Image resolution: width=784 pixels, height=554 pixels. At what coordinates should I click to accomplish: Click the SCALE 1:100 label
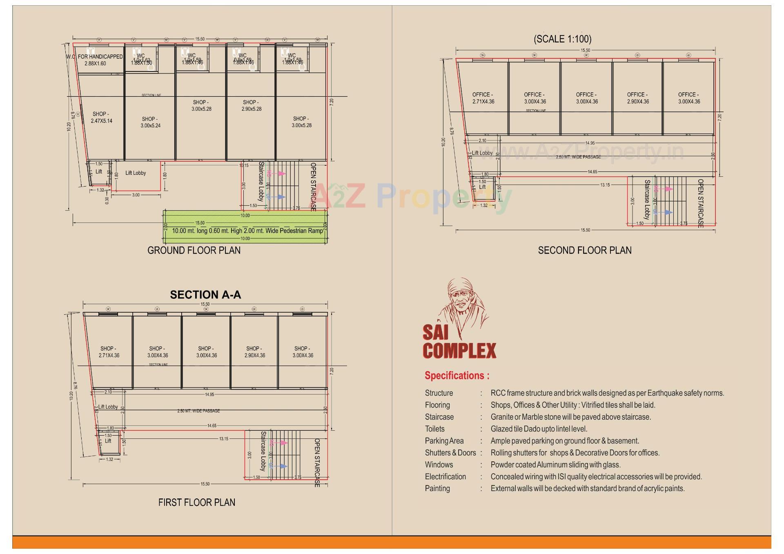(562, 39)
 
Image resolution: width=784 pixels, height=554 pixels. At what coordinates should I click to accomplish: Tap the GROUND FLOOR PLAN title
(194, 250)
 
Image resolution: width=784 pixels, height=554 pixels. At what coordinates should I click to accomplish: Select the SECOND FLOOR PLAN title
(585, 250)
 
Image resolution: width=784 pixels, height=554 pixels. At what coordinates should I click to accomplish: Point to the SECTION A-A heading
(205, 295)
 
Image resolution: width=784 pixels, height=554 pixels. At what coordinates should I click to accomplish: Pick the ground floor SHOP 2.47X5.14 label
(102, 118)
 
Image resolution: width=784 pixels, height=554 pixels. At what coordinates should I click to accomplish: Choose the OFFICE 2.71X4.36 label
(483, 98)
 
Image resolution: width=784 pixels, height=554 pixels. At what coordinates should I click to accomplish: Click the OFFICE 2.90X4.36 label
(638, 98)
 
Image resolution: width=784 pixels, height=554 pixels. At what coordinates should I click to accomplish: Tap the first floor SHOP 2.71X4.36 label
(109, 352)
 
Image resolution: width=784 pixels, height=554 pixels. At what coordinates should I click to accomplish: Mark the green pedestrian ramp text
(247, 231)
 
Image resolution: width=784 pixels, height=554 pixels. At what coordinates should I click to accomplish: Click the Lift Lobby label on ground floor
(136, 173)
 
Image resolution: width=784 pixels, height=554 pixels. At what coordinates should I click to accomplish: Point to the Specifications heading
(457, 376)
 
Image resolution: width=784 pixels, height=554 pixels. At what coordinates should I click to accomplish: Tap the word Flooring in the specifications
(437, 405)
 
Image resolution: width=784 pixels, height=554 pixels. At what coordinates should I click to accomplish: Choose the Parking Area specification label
(444, 441)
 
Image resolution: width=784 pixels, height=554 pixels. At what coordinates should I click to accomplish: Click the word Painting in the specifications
(437, 489)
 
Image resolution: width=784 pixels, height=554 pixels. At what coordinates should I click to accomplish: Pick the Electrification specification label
(445, 477)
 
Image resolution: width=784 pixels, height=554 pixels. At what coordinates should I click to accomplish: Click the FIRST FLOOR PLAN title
(197, 503)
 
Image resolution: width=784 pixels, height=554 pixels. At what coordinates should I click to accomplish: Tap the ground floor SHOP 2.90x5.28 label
(251, 106)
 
